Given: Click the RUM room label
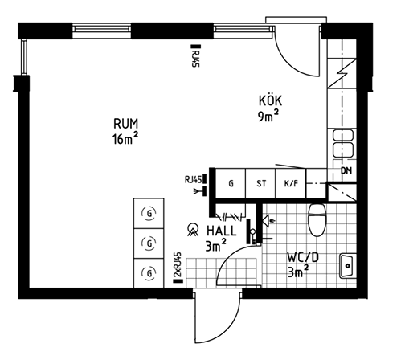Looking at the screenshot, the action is click(126, 124).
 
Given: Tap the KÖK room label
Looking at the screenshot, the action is click(270, 100).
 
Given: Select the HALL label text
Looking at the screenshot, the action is click(222, 231).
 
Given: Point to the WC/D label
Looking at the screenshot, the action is click(303, 257).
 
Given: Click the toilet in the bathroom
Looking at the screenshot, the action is click(317, 219).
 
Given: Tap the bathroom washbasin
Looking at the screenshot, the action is click(347, 266).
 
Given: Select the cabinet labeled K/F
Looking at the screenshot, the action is click(290, 183).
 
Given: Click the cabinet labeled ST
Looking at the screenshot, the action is click(260, 183).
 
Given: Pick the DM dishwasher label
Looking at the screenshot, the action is click(346, 170).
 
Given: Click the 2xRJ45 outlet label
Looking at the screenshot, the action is click(178, 265).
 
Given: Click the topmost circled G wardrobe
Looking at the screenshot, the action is click(149, 214).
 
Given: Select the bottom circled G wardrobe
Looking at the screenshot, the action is click(149, 273).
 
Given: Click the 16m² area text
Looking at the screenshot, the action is click(125, 138).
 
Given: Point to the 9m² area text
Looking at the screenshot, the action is click(268, 116).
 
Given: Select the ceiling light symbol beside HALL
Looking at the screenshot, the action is click(193, 230).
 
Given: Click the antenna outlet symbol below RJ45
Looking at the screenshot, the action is click(200, 191).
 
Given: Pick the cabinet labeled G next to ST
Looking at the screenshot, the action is click(231, 183).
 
